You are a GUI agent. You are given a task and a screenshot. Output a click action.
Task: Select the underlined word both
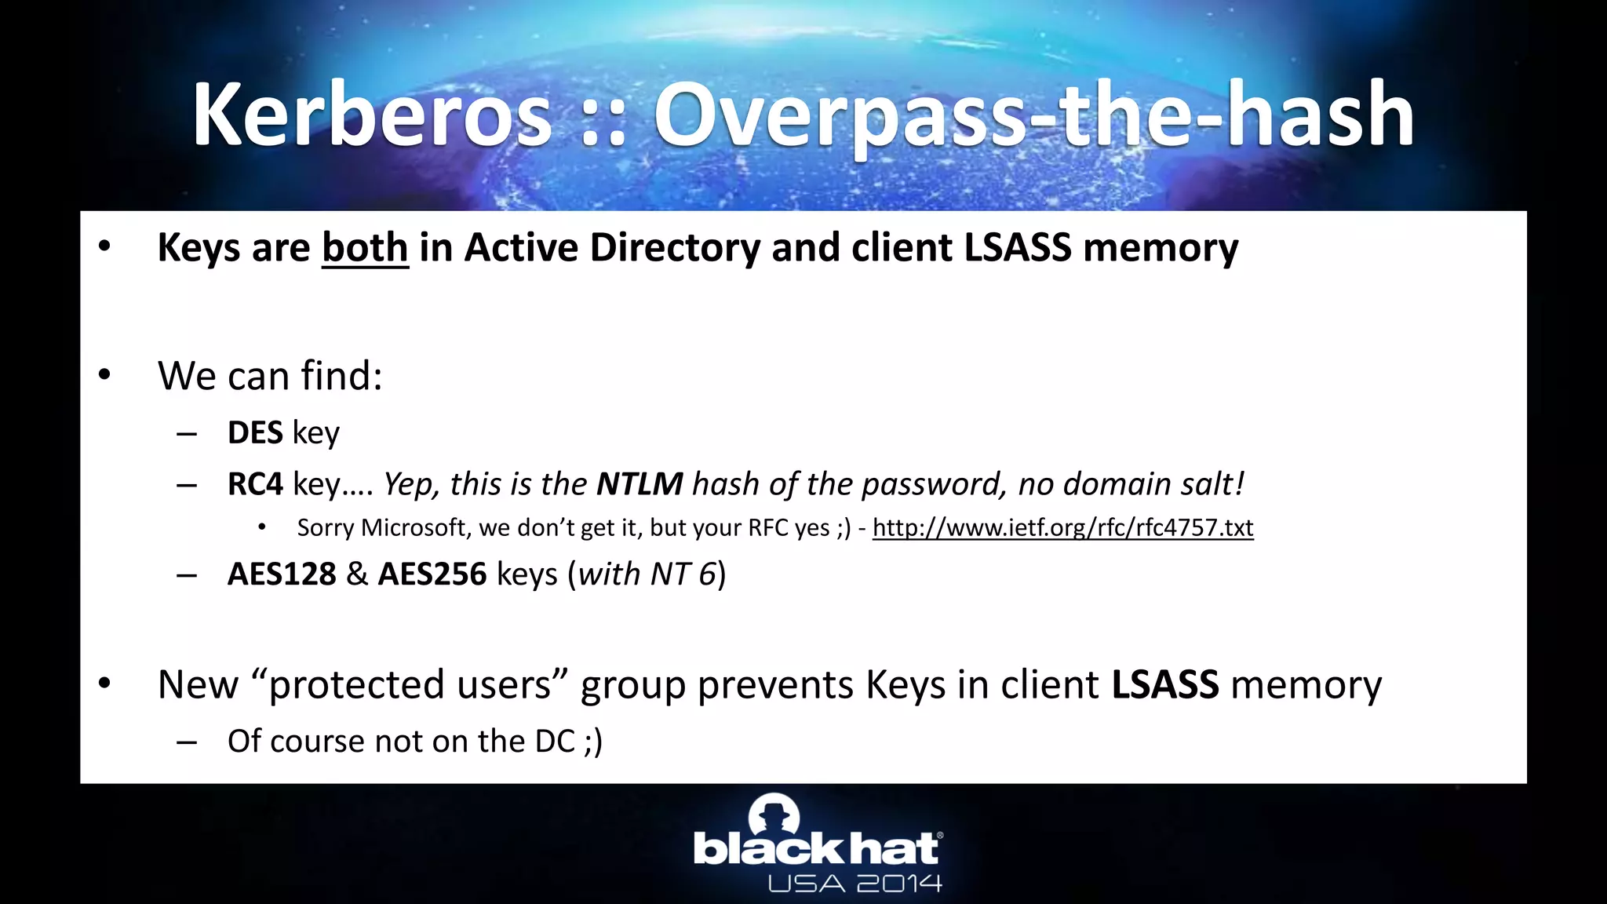click(x=365, y=248)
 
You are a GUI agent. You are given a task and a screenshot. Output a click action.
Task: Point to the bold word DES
click(x=255, y=433)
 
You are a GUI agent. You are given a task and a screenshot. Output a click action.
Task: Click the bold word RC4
click(x=255, y=484)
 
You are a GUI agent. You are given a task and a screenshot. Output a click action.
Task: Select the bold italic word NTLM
click(x=640, y=484)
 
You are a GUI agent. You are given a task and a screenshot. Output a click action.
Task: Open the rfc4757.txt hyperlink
click(x=1062, y=527)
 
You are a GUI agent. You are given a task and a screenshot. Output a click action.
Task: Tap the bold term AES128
click(x=282, y=574)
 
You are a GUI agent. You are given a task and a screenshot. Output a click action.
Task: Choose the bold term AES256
click(x=432, y=574)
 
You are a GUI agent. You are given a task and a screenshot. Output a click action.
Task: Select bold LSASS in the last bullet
click(x=1165, y=684)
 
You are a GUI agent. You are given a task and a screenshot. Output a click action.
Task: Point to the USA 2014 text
click(x=855, y=884)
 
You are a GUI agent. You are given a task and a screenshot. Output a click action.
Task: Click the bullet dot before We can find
click(x=105, y=375)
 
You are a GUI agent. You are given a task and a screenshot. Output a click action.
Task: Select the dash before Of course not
click(x=187, y=742)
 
